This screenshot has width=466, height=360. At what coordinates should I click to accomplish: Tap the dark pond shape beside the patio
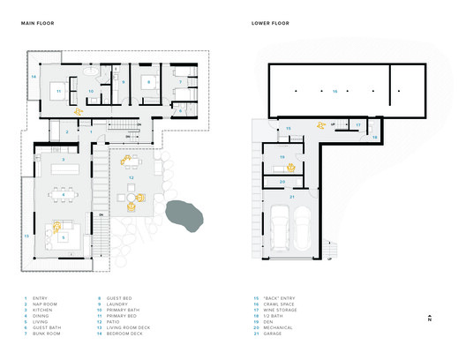(x=183, y=214)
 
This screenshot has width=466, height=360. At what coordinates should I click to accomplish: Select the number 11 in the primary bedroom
(x=58, y=90)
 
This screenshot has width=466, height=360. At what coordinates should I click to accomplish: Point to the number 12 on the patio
(x=131, y=177)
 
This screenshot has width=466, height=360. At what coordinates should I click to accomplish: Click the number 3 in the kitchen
(x=62, y=160)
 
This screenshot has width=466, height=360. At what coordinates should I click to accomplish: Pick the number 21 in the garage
(x=292, y=197)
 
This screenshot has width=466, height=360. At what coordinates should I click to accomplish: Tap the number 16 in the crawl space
(x=334, y=90)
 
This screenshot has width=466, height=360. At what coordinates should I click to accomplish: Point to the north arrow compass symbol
(x=427, y=319)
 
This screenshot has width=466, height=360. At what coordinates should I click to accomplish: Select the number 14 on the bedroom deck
(x=34, y=78)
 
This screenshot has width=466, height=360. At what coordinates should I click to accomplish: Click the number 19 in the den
(x=282, y=157)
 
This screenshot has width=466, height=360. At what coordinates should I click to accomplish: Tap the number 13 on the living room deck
(x=26, y=236)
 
